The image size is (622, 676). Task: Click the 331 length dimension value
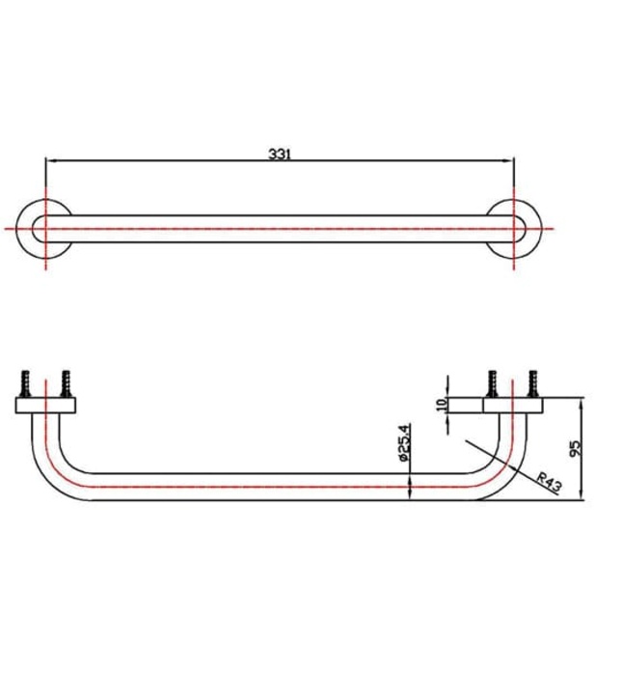pyautogui.click(x=280, y=153)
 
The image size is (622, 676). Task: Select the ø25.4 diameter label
pyautogui.click(x=406, y=447)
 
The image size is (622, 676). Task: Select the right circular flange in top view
pyautogui.click(x=514, y=230)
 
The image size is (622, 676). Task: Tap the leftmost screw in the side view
pyautogui.click(x=27, y=382)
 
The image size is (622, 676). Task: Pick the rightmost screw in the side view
pyautogui.click(x=532, y=382)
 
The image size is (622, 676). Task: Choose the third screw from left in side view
pyautogui.click(x=493, y=382)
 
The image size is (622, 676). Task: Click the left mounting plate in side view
pyautogui.click(x=46, y=404)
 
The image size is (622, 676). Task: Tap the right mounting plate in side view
pyautogui.click(x=512, y=404)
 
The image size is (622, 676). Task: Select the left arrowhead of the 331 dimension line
pyautogui.click(x=51, y=160)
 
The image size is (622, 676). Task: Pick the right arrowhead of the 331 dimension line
pyautogui.click(x=508, y=160)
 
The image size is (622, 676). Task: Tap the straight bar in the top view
pyautogui.click(x=280, y=230)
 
